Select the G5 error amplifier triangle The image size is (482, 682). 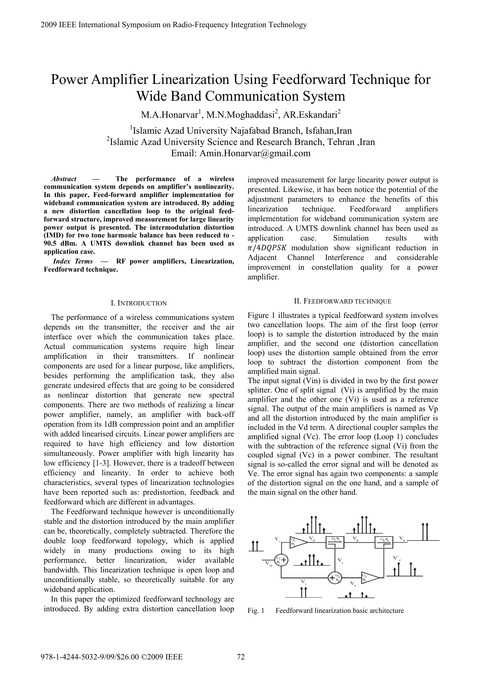click(369, 577)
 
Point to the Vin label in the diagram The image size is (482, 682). click(268, 564)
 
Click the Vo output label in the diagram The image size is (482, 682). click(402, 539)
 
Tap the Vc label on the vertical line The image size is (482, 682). click(340, 561)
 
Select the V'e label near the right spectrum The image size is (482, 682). click(397, 558)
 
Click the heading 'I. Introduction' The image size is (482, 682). click(139, 303)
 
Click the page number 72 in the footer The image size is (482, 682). click(241, 657)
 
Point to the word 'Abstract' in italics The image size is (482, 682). click(64, 179)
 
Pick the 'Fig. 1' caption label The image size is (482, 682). click(256, 610)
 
